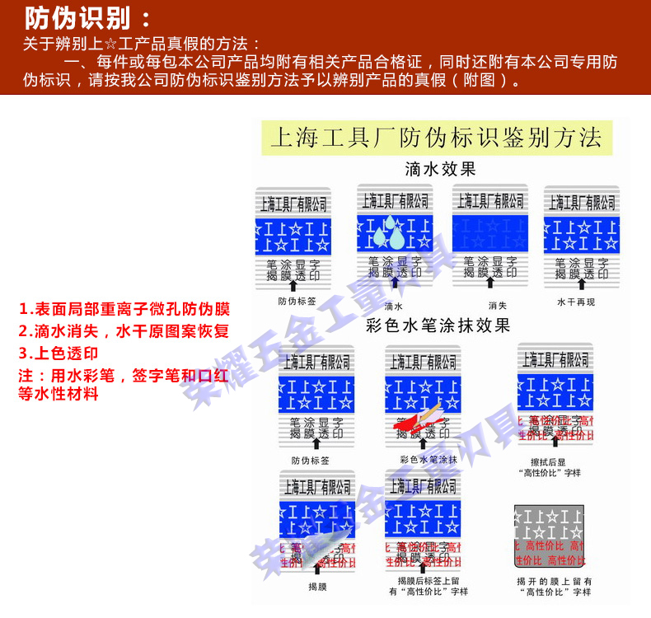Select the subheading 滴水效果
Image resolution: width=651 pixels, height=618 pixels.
[x=441, y=170]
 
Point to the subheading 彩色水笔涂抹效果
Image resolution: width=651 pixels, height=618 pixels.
[x=438, y=325]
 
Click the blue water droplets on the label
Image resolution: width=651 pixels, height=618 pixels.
[x=389, y=237]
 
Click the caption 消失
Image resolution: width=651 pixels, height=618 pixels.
[x=498, y=306]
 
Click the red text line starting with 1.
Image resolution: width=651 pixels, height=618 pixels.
[x=124, y=310]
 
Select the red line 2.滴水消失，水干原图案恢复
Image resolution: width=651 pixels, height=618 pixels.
[x=123, y=331]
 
